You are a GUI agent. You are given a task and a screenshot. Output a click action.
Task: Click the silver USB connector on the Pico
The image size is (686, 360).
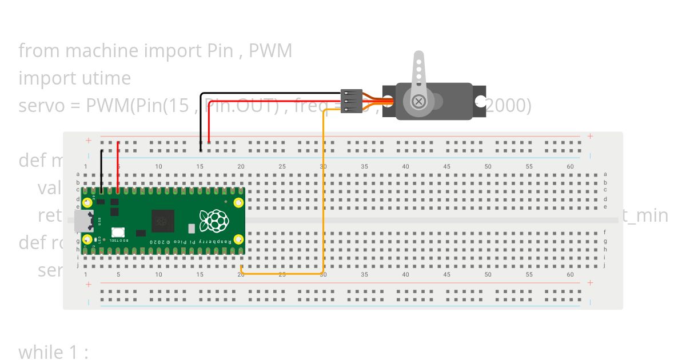pyautogui.click(x=83, y=221)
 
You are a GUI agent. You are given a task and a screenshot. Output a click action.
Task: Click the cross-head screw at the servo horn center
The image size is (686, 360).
pyautogui.click(x=419, y=101)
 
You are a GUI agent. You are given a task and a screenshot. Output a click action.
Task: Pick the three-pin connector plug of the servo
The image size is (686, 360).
pyautogui.click(x=351, y=101)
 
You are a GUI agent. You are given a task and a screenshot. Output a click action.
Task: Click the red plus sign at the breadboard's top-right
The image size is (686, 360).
pyautogui.click(x=590, y=136)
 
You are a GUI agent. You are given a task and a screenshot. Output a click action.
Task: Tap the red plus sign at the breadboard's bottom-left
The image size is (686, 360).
pyautogui.click(x=88, y=284)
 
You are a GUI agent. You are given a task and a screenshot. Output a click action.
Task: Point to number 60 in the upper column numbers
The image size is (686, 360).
pyautogui.click(x=570, y=166)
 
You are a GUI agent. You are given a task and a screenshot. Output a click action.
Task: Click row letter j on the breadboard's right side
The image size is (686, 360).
pyautogui.click(x=605, y=265)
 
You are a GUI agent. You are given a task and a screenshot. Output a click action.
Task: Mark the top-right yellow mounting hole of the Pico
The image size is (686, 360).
pyautogui.click(x=238, y=202)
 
